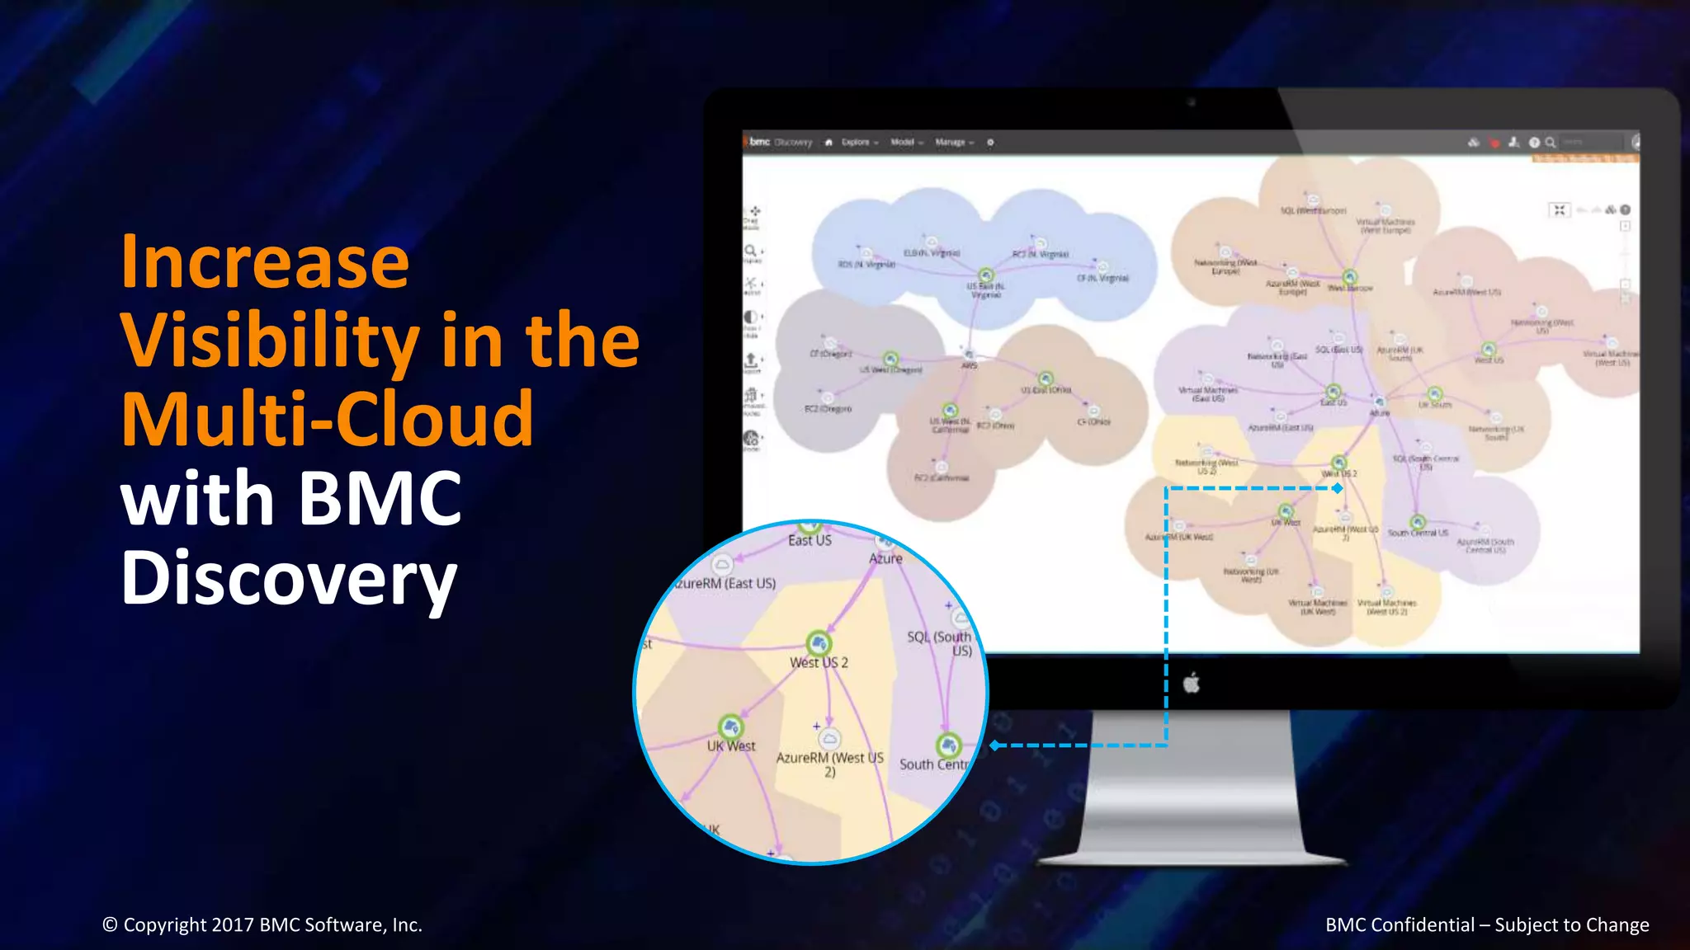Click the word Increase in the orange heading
265,261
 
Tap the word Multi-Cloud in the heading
328,419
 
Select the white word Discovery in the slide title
289,578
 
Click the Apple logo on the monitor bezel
1191,683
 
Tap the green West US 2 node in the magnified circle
818,642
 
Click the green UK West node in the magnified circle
730,727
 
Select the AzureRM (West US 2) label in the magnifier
829,764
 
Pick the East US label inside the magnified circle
810,541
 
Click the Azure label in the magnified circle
885,559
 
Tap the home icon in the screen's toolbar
828,143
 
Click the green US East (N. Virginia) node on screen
986,275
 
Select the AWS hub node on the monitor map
969,355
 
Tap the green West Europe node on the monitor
1349,276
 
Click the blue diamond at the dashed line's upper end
1338,488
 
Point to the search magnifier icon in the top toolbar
1551,143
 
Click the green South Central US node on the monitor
1418,522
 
